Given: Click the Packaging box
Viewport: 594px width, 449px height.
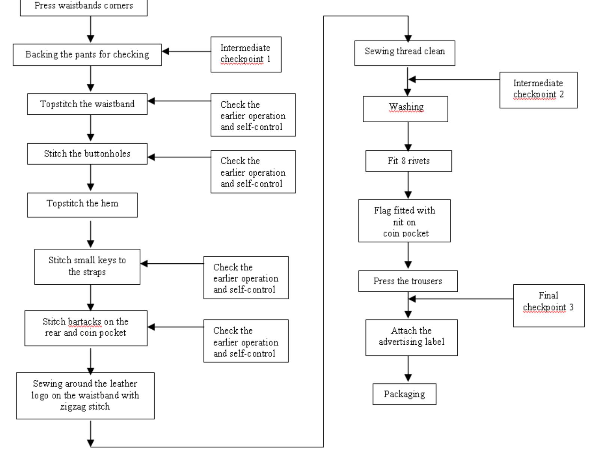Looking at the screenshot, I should tap(404, 394).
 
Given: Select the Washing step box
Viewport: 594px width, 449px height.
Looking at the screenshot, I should tap(405, 109).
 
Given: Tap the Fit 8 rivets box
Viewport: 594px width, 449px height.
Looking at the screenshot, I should tap(409, 161).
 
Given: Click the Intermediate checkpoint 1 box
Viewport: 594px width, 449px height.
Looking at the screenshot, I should tap(246, 54).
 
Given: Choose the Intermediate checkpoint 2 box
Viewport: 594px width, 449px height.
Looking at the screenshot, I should tap(538, 90).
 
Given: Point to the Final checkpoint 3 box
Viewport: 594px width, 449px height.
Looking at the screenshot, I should tap(548, 305).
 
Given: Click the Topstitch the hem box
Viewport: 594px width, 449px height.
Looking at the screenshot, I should tap(82, 205).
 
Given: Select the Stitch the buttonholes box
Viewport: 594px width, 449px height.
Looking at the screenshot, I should tap(87, 153).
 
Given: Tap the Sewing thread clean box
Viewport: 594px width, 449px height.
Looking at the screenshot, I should tap(404, 53).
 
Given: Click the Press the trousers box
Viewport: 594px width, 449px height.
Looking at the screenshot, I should tap(408, 281).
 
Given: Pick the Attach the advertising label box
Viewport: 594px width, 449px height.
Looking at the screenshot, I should tap(411, 337).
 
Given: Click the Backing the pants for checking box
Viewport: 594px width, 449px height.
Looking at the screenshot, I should tap(87, 54).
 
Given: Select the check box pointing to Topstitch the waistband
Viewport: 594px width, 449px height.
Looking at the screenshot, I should tap(253, 115).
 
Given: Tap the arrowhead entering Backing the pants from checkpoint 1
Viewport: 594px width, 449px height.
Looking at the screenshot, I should tap(165, 51).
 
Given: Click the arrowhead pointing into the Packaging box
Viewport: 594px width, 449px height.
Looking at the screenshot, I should tap(408, 378).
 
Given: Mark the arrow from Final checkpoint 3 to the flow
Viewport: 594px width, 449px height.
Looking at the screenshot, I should tap(462, 299).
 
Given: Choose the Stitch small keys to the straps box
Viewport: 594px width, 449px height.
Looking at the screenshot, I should tap(87, 266).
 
